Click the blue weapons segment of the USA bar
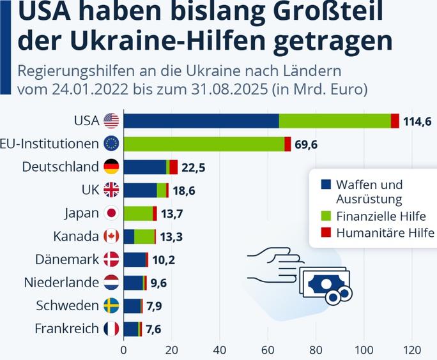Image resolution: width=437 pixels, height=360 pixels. (x=201, y=121)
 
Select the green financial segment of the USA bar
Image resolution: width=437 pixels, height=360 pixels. (x=334, y=121)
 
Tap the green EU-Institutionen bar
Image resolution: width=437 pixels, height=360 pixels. (x=204, y=144)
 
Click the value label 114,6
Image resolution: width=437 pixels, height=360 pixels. (x=418, y=121)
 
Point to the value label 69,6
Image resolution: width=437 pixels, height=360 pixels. (x=306, y=144)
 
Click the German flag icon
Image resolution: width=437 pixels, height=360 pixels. (x=111, y=167)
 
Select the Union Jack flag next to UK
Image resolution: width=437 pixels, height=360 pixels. (x=111, y=190)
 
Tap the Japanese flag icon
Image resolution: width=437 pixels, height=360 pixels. (x=111, y=213)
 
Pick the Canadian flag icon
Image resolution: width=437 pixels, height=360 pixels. (x=111, y=236)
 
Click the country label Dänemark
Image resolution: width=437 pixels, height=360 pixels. (x=66, y=259)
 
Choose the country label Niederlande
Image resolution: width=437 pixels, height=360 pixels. (x=61, y=282)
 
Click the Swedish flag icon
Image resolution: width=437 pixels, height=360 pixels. (x=111, y=305)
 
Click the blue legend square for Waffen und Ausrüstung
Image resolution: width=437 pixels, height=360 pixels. (x=325, y=184)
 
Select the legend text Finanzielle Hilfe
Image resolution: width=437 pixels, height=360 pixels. (x=381, y=216)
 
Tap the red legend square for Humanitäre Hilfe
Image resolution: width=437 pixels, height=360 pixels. (x=325, y=232)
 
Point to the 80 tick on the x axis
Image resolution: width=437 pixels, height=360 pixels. (x=316, y=349)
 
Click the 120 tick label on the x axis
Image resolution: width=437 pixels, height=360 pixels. (x=412, y=349)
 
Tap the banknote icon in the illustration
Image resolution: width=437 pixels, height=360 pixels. (x=325, y=283)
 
